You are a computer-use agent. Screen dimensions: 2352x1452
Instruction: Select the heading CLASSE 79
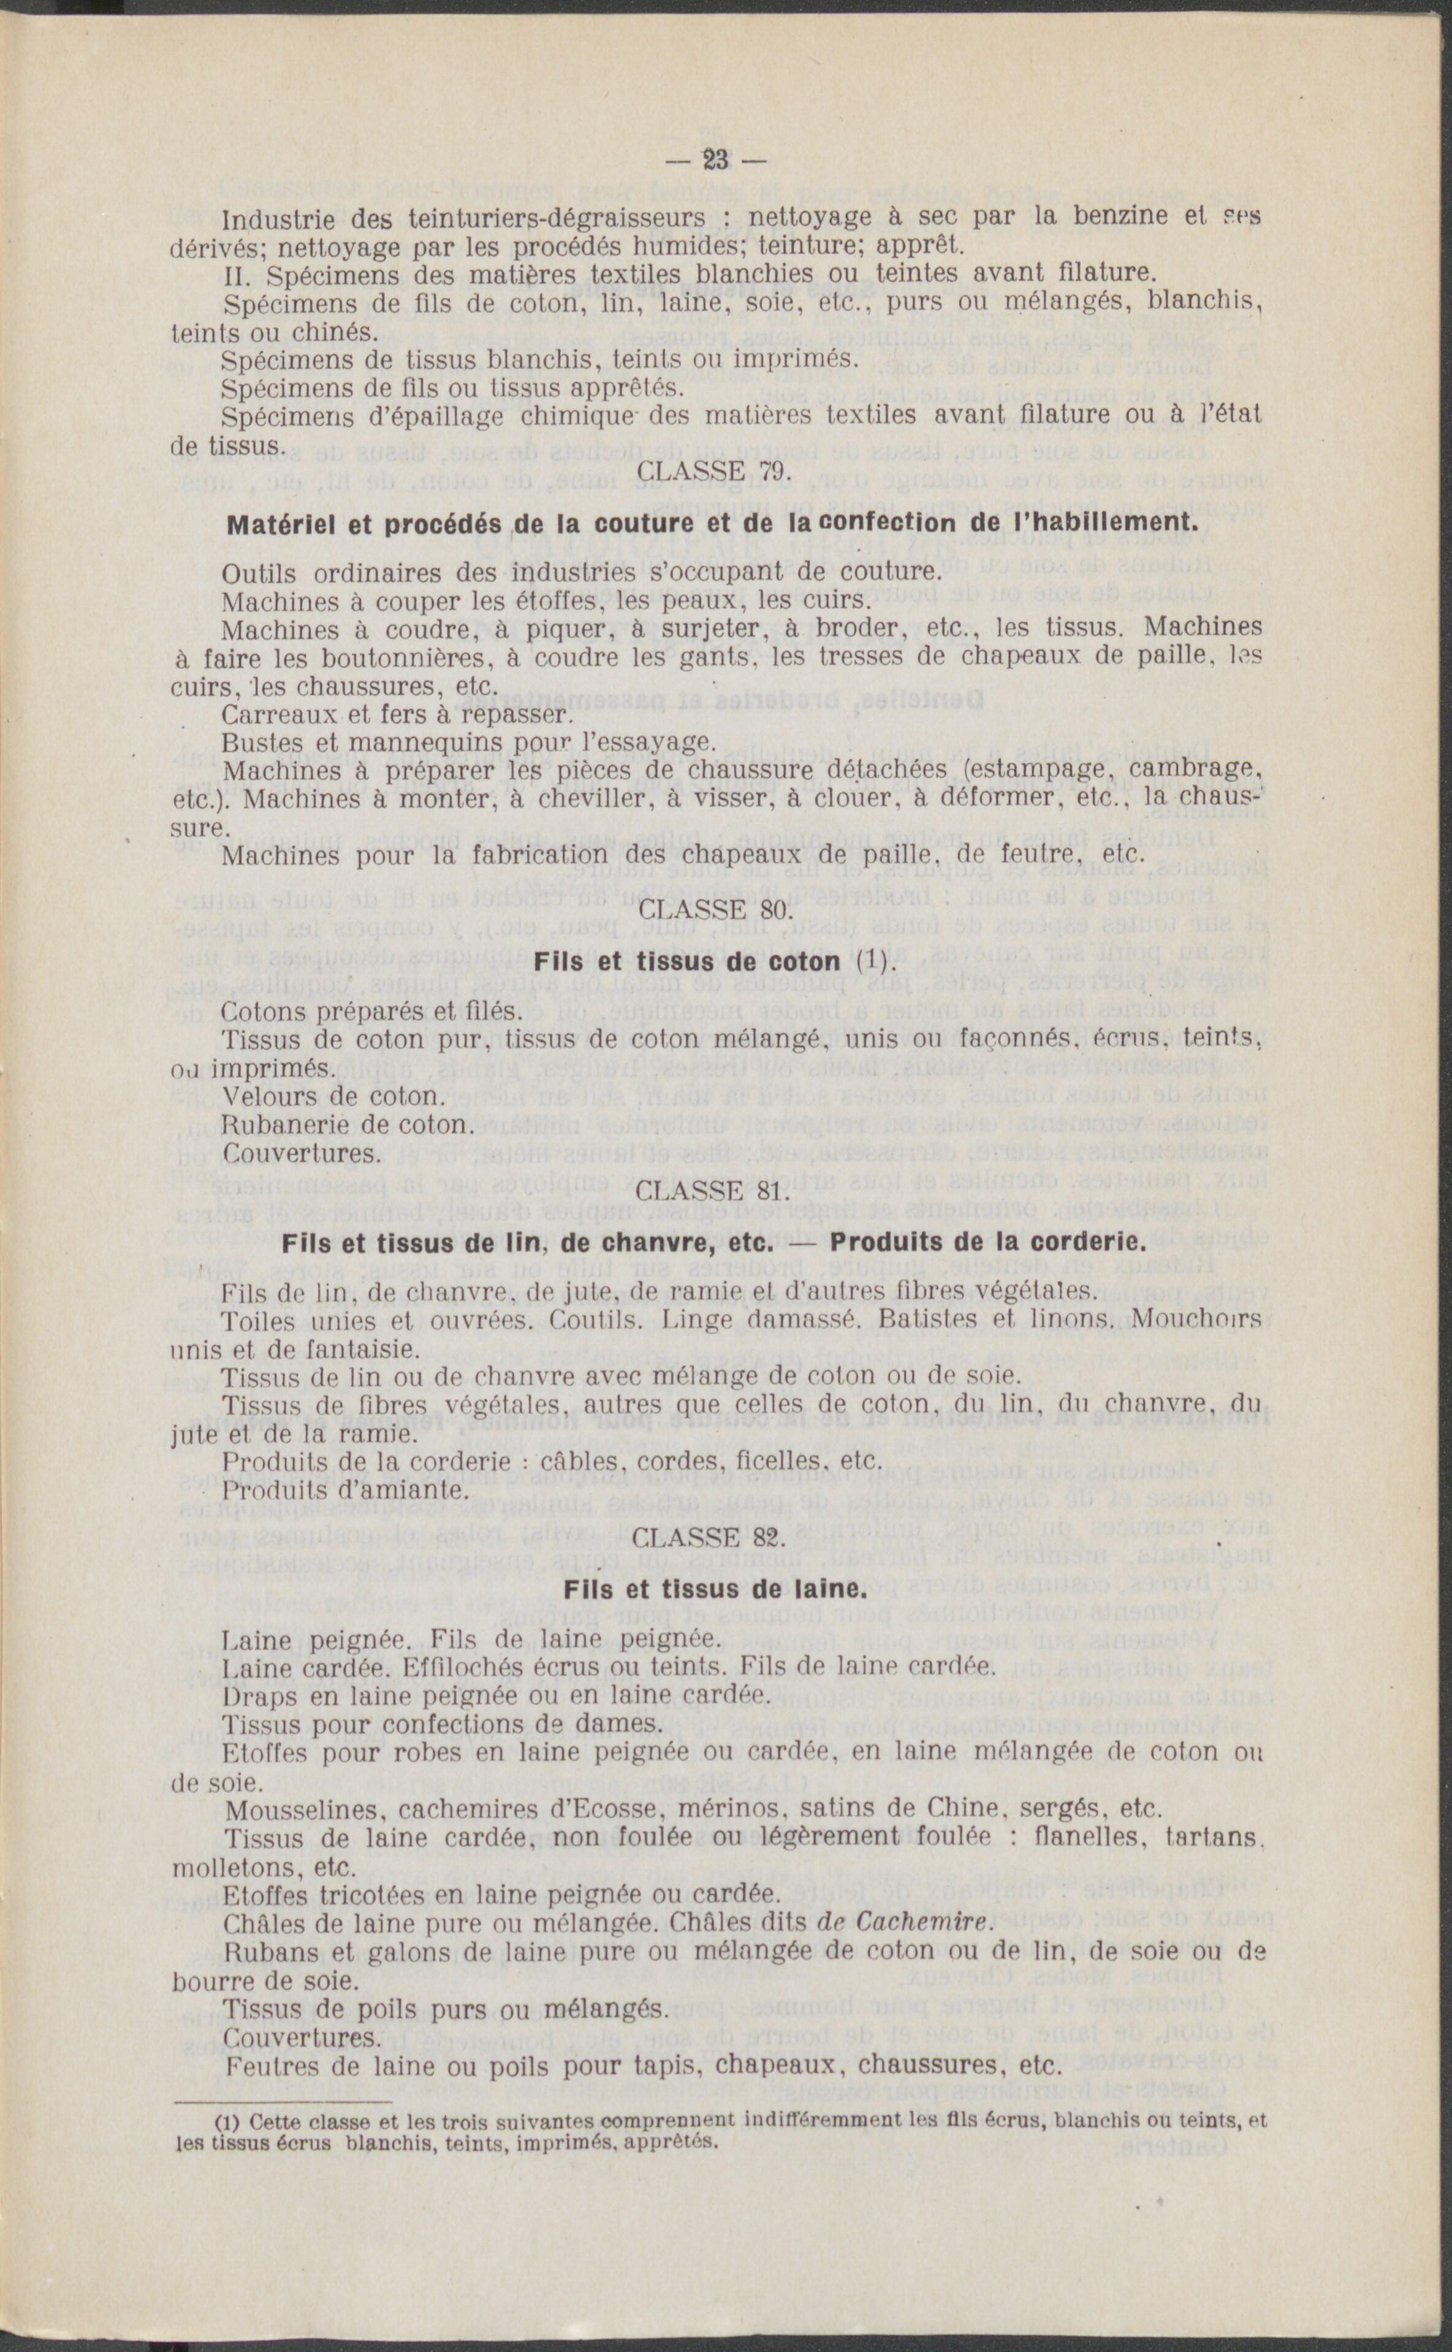click(713, 473)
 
